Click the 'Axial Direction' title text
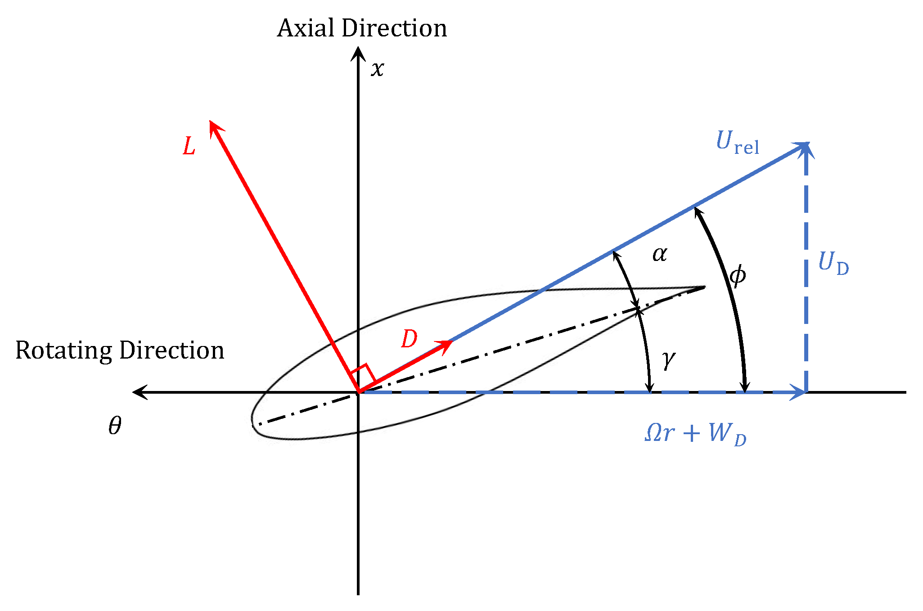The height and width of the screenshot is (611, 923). (x=362, y=28)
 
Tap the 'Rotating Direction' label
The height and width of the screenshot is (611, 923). (x=120, y=350)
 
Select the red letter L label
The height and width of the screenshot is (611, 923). (x=189, y=146)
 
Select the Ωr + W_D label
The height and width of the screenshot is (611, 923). (x=695, y=434)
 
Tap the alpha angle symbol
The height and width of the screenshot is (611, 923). (x=660, y=254)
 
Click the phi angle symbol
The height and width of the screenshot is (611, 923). (x=738, y=275)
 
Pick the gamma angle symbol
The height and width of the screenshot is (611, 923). (x=669, y=359)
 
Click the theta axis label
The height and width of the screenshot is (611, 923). (x=115, y=426)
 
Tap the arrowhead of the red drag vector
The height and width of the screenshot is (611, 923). (x=447, y=345)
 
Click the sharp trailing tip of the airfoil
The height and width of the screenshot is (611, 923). (x=704, y=287)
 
